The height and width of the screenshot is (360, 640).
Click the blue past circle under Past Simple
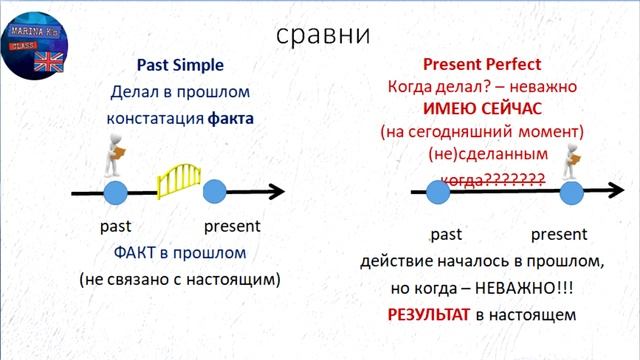pyautogui.click(x=116, y=192)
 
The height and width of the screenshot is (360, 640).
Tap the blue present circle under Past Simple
pyautogui.click(x=215, y=192)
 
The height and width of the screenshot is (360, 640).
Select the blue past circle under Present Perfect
pyautogui.click(x=438, y=192)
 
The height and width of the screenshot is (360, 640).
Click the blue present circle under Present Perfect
pyautogui.click(x=571, y=192)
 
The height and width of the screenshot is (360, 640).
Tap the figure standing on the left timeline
pyautogui.click(x=116, y=155)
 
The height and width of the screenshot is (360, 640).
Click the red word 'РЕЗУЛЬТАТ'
pyautogui.click(x=429, y=314)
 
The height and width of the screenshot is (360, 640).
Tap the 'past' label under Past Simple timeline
pyautogui.click(x=117, y=225)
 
